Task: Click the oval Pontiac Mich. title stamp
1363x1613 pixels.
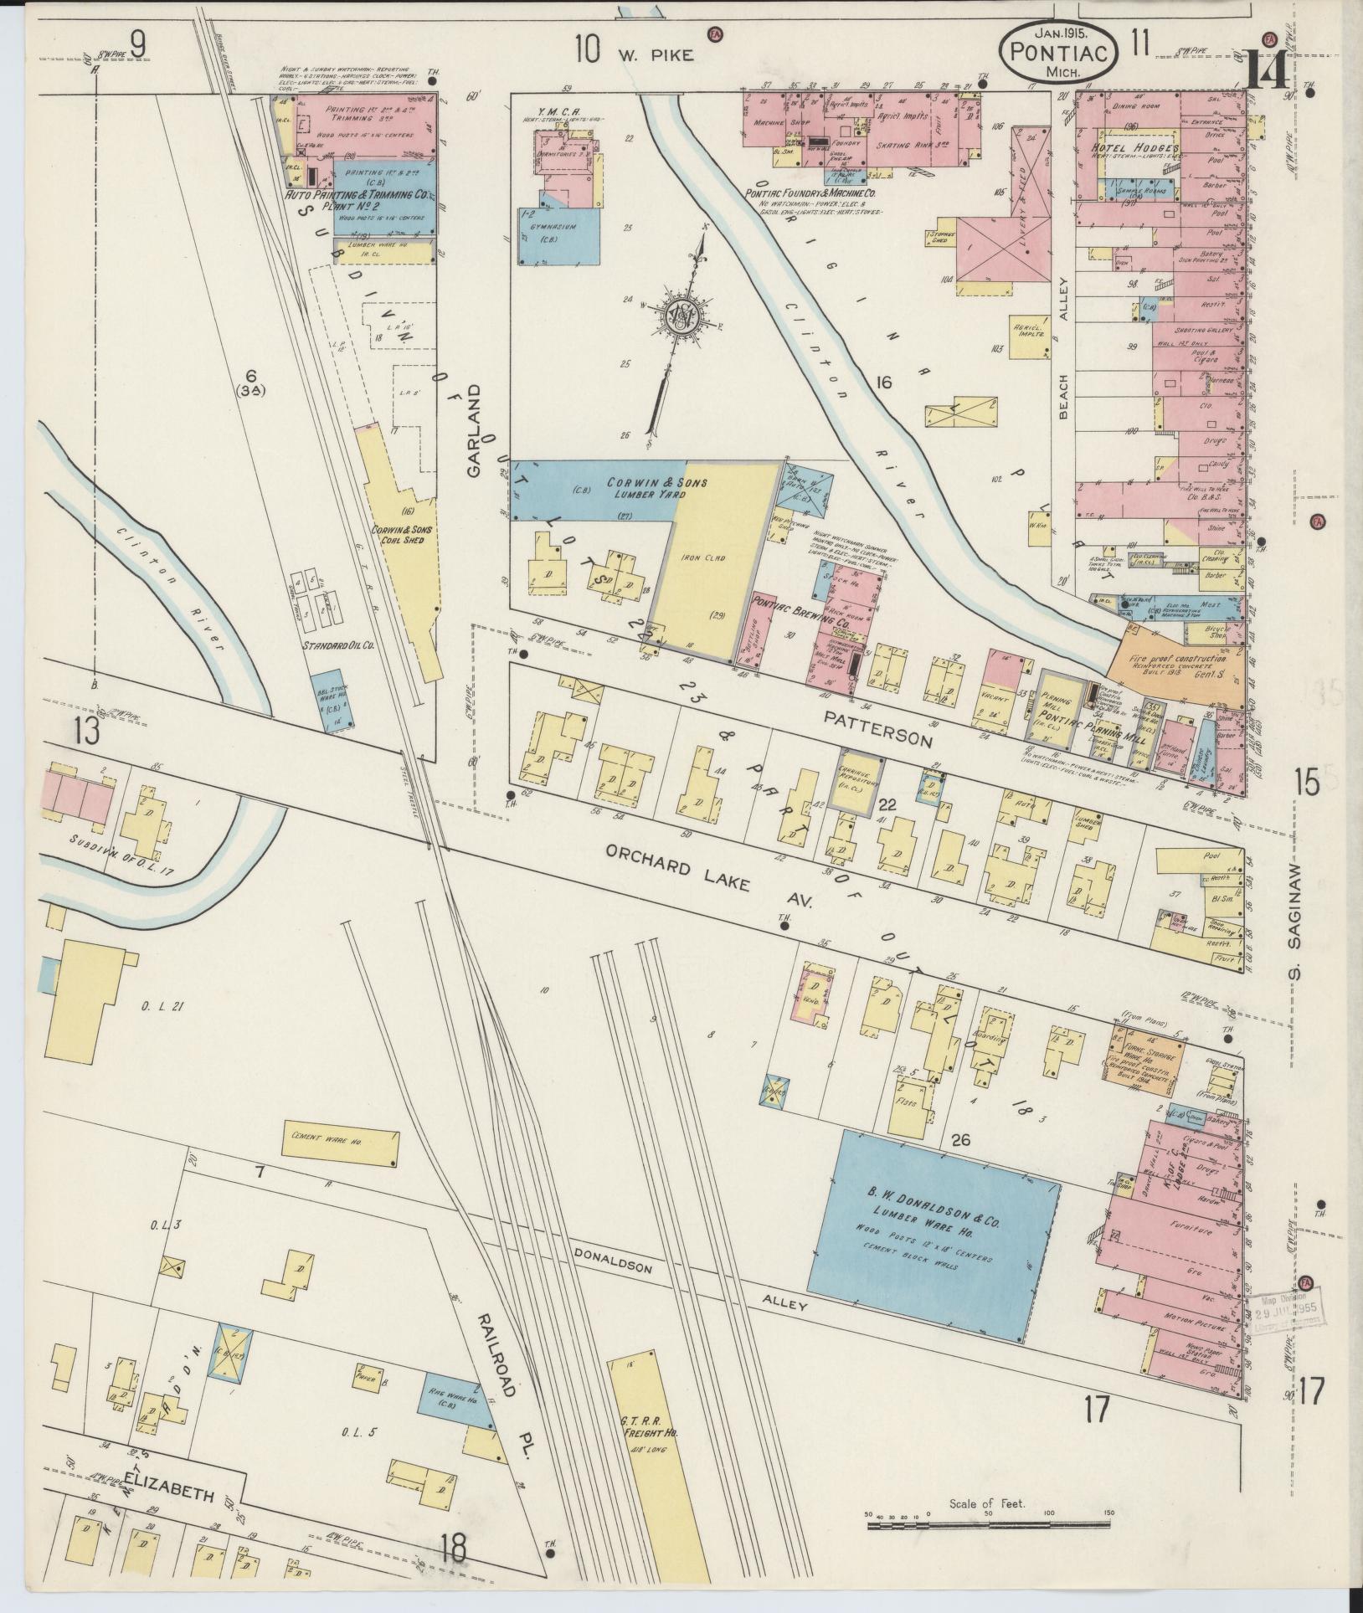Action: click(x=1057, y=51)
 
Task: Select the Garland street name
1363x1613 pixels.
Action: click(x=475, y=430)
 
